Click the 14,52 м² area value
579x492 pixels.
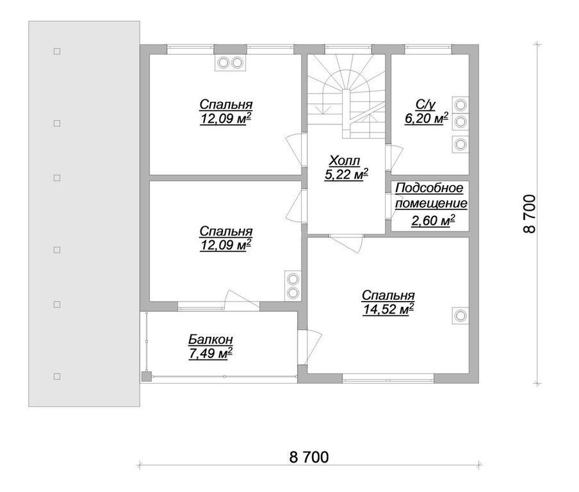point(388,309)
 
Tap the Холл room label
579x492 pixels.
point(345,161)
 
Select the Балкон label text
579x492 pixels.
point(211,339)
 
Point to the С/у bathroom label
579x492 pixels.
point(426,105)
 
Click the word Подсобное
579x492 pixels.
point(429,188)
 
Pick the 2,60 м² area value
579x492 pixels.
point(432,220)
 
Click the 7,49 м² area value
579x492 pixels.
point(210,354)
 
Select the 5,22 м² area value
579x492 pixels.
point(346,175)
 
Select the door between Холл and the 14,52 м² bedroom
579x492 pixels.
point(346,243)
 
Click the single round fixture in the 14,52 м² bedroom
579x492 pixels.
point(461,316)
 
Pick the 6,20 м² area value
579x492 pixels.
point(427,119)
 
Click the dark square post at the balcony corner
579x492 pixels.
point(146,377)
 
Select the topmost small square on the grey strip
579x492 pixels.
point(57,51)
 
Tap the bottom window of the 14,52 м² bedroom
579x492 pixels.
point(387,379)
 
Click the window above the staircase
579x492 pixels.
point(348,49)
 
